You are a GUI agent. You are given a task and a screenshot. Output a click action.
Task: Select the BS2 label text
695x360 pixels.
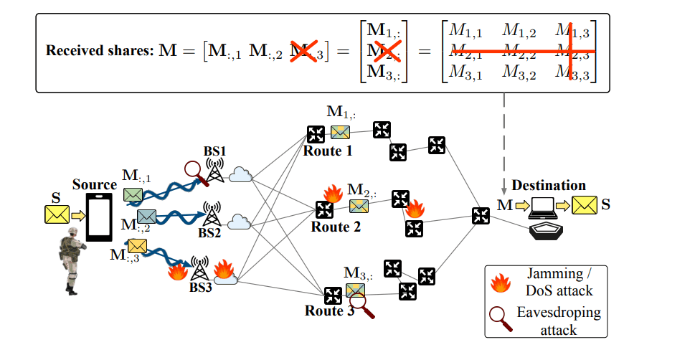pos(210,233)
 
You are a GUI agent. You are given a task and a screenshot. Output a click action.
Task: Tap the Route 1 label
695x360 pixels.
pos(327,151)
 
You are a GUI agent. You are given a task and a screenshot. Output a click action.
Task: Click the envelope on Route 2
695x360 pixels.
pos(359,206)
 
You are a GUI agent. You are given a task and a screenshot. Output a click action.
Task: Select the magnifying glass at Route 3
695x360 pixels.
pos(362,306)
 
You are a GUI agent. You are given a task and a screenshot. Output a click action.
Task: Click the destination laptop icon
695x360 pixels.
pos(543,207)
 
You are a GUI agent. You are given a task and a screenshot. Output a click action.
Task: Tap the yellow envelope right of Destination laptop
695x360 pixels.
pos(583,207)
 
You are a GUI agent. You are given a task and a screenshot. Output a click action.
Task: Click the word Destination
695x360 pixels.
pos(542,186)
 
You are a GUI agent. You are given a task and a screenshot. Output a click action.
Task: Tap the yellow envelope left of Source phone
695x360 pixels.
pos(56,213)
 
